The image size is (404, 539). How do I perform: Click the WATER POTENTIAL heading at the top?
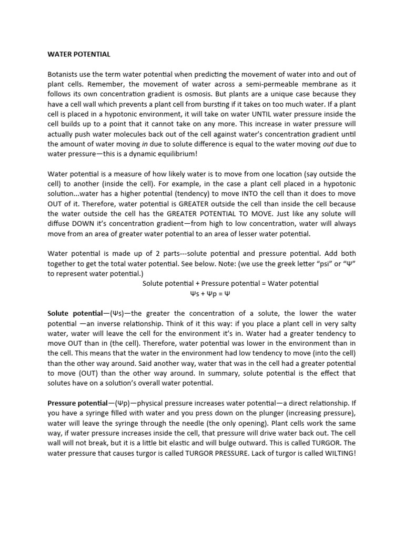click(79, 54)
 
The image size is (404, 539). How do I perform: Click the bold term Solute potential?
click(77, 313)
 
